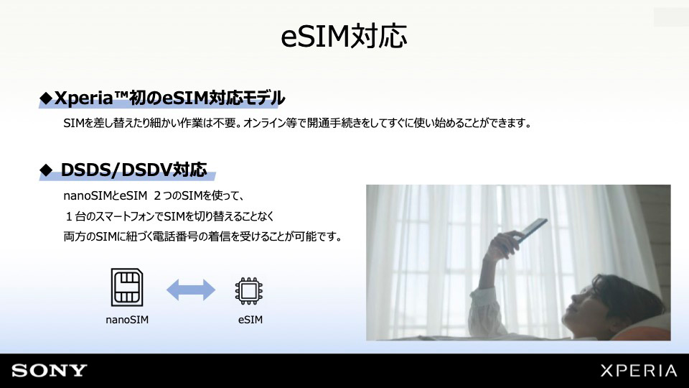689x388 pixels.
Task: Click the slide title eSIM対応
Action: coord(344,36)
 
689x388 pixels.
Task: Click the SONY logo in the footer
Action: coord(50,371)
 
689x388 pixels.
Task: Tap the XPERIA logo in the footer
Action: coord(639,371)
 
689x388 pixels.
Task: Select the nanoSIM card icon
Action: coord(127,287)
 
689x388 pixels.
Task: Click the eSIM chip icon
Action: coord(249,291)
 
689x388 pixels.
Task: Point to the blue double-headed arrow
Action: coord(191,290)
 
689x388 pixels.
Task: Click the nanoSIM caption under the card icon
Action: coord(127,320)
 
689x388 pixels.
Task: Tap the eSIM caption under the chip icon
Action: coord(250,320)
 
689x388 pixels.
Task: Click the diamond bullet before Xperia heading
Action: coord(46,98)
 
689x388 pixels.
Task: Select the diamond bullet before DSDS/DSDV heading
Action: coord(46,170)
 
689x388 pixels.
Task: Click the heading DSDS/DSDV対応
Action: coord(133,170)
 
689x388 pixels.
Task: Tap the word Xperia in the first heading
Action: coord(84,98)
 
